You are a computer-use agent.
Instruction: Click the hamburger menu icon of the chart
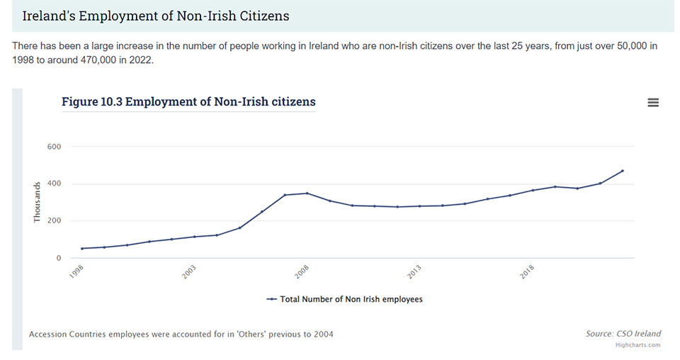click(653, 103)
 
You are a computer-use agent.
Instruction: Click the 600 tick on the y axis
click(55, 147)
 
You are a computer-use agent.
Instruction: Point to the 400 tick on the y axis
click(55, 184)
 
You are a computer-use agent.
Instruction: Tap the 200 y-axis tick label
click(55, 221)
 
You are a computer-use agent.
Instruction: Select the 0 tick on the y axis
click(59, 258)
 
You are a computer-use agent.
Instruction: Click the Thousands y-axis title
click(38, 203)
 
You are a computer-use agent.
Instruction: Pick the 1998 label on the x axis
click(77, 273)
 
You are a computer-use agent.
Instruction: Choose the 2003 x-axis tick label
click(189, 273)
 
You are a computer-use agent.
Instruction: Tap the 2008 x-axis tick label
click(302, 273)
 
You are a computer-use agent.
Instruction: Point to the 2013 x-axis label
click(414, 273)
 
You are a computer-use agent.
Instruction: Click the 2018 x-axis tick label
click(527, 273)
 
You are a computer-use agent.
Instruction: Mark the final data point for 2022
click(623, 171)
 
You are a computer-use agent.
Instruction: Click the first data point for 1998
click(82, 249)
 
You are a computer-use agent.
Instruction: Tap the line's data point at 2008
click(307, 193)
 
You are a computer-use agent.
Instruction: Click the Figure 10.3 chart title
click(188, 102)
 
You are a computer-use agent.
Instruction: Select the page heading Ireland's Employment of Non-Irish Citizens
click(156, 16)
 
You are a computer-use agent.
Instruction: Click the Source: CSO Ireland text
click(623, 334)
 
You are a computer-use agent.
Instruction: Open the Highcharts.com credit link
click(637, 345)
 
